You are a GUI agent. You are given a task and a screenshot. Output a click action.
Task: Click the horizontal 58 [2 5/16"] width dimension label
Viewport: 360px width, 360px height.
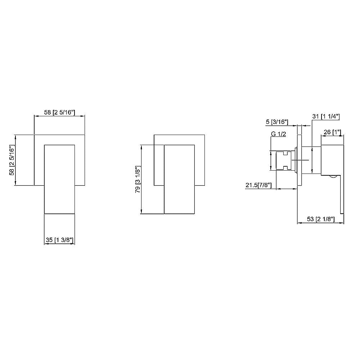pyautogui.click(x=59, y=112)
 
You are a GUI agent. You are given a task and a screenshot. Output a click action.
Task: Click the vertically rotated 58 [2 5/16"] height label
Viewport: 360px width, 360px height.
pyautogui.click(x=12, y=160)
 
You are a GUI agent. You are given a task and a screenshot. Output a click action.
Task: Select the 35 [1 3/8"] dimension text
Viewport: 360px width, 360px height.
pyautogui.click(x=59, y=240)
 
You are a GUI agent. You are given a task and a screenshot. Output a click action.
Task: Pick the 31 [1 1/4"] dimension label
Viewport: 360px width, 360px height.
pyautogui.click(x=326, y=116)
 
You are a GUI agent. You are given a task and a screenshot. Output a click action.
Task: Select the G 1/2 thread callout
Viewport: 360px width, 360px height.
pyautogui.click(x=278, y=134)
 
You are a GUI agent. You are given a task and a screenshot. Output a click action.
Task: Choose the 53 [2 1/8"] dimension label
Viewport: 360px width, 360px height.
pyautogui.click(x=320, y=219)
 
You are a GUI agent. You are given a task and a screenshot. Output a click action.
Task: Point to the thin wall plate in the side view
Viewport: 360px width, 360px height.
pyautogui.click(x=298, y=161)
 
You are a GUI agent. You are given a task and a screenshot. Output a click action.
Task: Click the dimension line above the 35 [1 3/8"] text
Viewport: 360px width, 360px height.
pyautogui.click(x=59, y=244)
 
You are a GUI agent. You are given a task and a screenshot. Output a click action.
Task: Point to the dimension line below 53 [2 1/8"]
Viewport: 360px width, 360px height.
pyautogui.click(x=320, y=223)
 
